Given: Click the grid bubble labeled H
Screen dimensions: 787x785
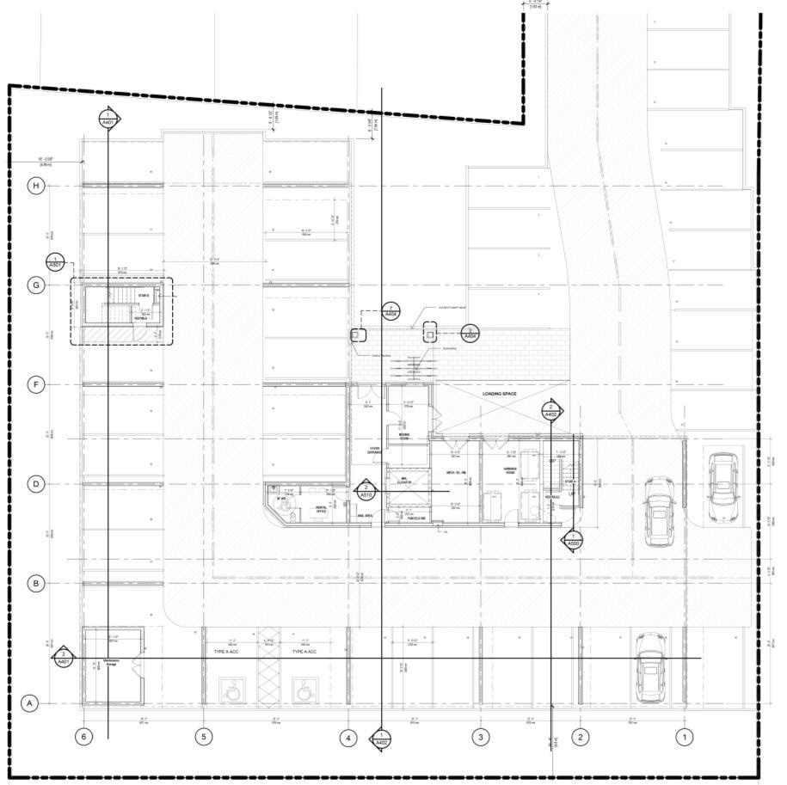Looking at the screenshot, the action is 36,186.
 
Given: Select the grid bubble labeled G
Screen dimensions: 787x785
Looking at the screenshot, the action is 36,285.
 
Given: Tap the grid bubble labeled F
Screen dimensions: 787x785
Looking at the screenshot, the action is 36,384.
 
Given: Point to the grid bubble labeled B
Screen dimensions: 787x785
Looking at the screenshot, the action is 36,584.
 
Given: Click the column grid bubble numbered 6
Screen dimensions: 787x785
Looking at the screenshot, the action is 83,737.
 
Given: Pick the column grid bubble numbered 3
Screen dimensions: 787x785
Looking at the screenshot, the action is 480,737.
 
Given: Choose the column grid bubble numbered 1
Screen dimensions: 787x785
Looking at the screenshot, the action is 685,737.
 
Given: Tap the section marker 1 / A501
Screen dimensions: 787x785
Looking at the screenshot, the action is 56,261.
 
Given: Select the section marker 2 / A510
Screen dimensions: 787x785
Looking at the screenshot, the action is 366,490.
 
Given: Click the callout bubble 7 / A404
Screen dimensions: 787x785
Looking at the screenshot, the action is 390,310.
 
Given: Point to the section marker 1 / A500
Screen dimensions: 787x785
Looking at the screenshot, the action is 572,540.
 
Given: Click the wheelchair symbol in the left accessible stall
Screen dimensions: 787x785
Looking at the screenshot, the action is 231,689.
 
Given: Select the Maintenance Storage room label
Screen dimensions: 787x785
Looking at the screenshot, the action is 111,661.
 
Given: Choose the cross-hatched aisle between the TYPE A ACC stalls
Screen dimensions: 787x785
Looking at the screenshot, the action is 267,675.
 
